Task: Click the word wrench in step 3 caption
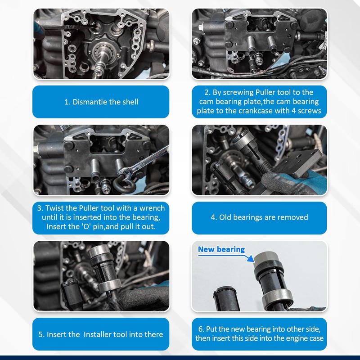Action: point(152,208)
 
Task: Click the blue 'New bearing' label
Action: point(221,249)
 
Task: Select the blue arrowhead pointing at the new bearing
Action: point(251,259)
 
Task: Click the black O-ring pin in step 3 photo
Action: point(125,183)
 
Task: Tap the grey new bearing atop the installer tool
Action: point(266,258)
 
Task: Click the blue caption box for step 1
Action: point(101,102)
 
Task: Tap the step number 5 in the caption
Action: point(40,334)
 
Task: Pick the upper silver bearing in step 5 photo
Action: point(98,251)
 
